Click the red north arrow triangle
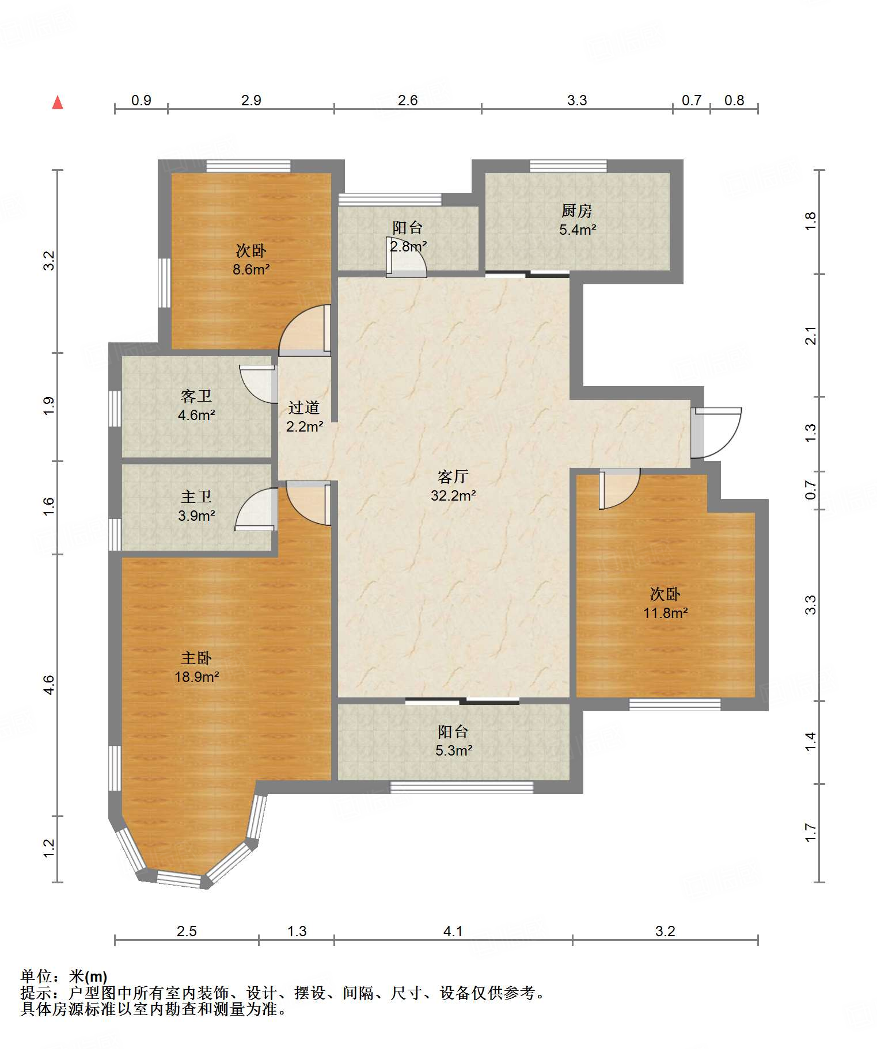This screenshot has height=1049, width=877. click(x=58, y=102)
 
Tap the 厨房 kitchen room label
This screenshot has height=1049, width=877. click(x=577, y=211)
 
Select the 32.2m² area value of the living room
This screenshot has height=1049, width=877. click(x=453, y=495)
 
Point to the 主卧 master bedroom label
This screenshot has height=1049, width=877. click(x=196, y=658)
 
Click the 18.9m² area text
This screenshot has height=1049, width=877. click(x=197, y=677)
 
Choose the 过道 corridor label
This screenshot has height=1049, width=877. click(x=304, y=407)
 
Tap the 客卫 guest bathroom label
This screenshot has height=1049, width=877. click(x=196, y=396)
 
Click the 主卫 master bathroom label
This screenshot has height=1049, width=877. click(x=196, y=497)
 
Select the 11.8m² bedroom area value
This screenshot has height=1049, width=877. click(x=666, y=613)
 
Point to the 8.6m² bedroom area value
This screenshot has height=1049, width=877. click(x=251, y=269)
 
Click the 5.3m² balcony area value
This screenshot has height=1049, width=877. click(x=454, y=750)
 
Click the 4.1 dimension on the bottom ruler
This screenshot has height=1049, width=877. click(x=453, y=931)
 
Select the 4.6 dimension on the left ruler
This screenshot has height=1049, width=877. click(x=49, y=685)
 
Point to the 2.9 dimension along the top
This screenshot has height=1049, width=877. click(x=251, y=100)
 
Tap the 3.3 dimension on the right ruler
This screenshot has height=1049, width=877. click(x=810, y=605)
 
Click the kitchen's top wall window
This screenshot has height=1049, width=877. click(x=568, y=166)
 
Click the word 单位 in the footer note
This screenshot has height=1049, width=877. click(x=36, y=976)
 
